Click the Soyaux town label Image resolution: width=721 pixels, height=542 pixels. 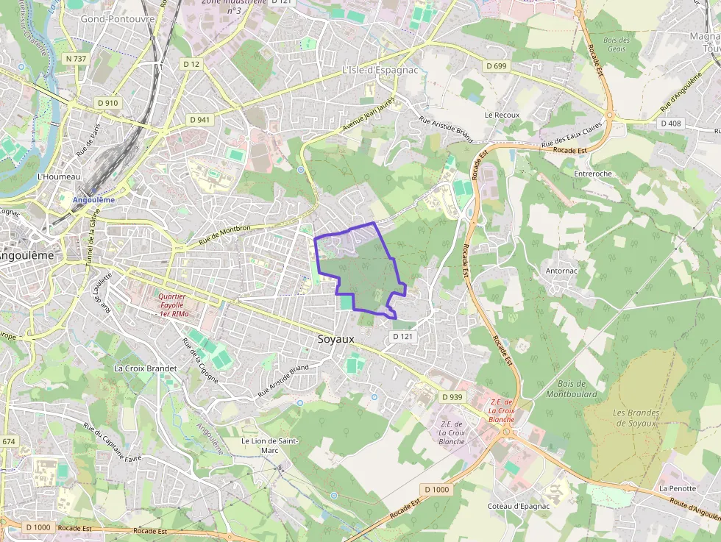click(x=335, y=339)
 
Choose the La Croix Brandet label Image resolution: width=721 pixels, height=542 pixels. click(x=146, y=368)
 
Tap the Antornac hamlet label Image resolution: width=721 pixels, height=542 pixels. click(x=561, y=271)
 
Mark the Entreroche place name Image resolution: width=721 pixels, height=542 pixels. click(x=593, y=174)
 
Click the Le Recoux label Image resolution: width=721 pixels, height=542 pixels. click(x=502, y=115)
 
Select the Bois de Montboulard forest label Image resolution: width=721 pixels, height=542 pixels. click(x=572, y=388)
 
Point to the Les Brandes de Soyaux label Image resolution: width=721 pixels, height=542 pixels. click(x=636, y=417)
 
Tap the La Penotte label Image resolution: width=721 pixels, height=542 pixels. click(x=678, y=488)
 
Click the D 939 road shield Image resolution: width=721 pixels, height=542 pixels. click(x=452, y=396)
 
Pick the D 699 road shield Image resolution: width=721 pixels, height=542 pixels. click(x=497, y=66)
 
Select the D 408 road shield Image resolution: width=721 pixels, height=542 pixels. click(x=670, y=123)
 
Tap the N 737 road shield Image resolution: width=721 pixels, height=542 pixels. click(x=76, y=58)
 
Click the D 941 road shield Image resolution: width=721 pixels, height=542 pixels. click(x=199, y=119)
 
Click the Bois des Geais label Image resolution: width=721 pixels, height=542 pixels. click(x=616, y=44)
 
